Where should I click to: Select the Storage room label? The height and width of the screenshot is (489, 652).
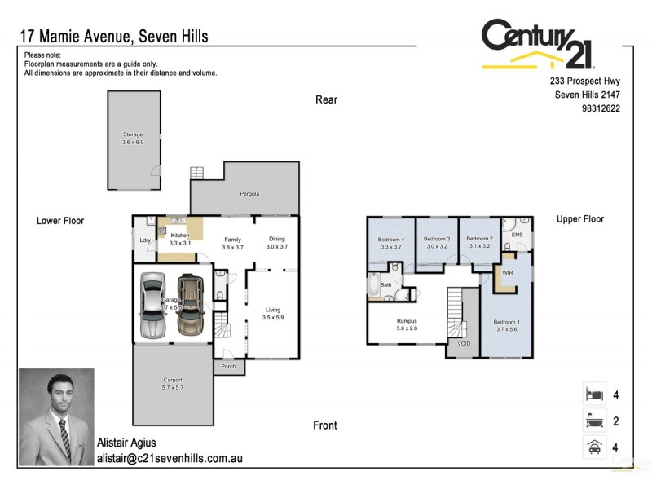[x=133, y=134]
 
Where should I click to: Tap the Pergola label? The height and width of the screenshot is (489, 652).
[x=249, y=194]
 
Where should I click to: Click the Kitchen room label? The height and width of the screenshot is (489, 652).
[x=179, y=236]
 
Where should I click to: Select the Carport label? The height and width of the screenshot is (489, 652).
[x=172, y=380]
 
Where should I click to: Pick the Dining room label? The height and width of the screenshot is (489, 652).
[x=277, y=240]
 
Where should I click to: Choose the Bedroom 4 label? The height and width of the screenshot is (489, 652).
[x=391, y=240]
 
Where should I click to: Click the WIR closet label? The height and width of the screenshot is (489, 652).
[x=507, y=273]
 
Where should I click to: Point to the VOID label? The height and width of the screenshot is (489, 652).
[x=464, y=343]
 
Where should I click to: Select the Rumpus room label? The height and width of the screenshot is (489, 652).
[x=407, y=321]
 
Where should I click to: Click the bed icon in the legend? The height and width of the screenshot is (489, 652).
[x=593, y=394]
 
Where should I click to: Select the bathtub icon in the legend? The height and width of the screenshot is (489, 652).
[x=593, y=421]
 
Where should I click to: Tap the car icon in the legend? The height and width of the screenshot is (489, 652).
[x=593, y=447]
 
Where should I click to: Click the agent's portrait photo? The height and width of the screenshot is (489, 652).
[x=56, y=416]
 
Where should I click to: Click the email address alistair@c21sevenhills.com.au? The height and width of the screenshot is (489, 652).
[x=170, y=459]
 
